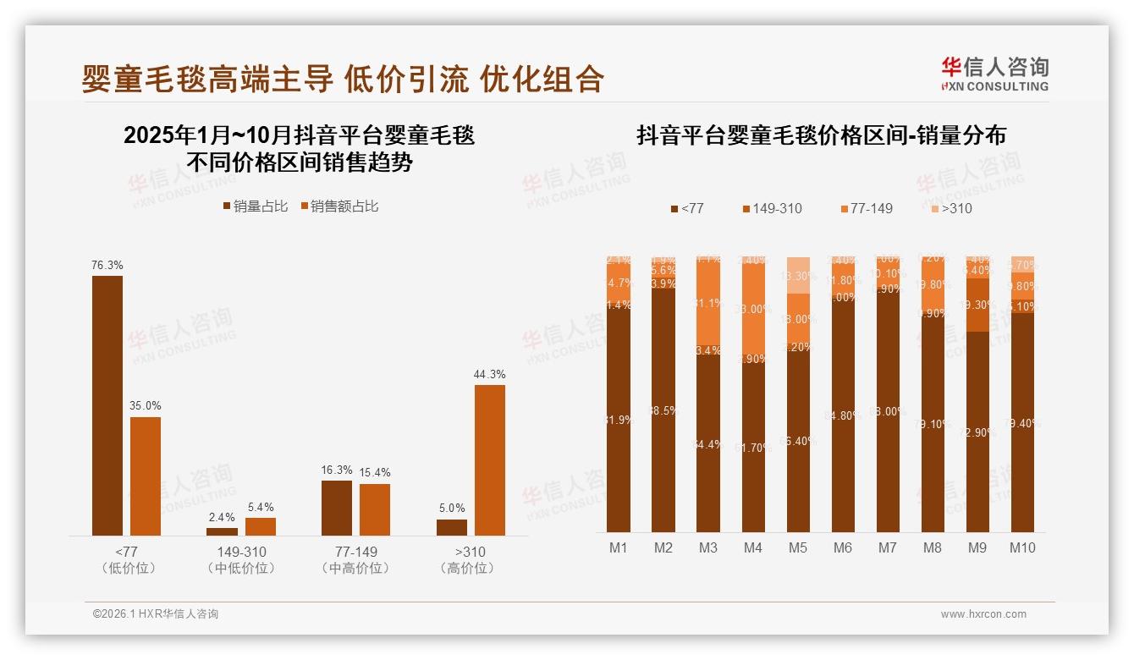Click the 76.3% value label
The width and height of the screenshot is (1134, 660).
[107, 265]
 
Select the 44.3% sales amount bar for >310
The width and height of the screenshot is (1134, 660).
[489, 459]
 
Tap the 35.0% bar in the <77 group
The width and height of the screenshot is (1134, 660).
[145, 476]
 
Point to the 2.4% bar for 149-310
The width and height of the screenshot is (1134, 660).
[222, 531]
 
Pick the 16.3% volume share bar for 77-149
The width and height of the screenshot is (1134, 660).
[337, 508]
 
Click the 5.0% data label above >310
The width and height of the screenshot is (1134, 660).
[452, 508]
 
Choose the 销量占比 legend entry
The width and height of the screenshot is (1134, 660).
[256, 206]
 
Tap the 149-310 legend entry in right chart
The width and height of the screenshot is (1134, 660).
[772, 208]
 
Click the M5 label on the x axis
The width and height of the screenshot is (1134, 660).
[797, 547]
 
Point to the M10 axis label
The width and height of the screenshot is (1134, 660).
[1021, 547]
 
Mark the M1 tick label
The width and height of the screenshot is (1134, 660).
[619, 547]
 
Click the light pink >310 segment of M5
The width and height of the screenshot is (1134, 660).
[797, 275]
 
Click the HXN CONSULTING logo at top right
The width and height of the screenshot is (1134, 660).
[994, 74]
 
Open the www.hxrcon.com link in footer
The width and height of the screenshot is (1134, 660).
[983, 614]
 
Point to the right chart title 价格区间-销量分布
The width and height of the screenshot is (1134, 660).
[821, 135]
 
